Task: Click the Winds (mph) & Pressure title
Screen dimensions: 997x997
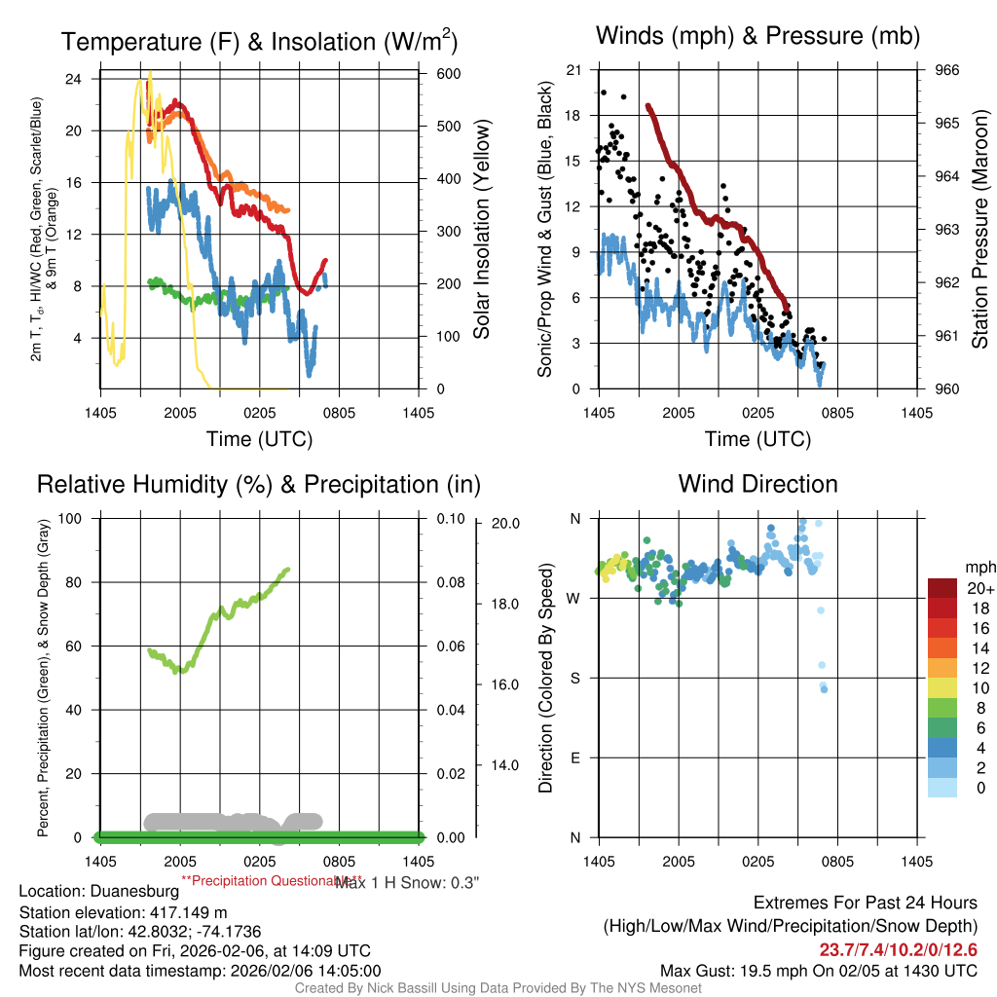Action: coord(757,36)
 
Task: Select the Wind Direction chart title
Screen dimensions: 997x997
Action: coord(757,484)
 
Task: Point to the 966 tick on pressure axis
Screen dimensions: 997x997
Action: coord(946,70)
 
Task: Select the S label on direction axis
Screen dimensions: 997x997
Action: coord(574,678)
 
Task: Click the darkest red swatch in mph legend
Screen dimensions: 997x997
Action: coord(942,588)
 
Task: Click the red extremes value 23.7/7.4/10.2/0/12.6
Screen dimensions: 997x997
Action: coord(898,950)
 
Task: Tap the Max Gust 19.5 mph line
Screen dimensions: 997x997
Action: coord(818,971)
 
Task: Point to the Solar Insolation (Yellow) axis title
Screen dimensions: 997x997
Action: coord(481,230)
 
